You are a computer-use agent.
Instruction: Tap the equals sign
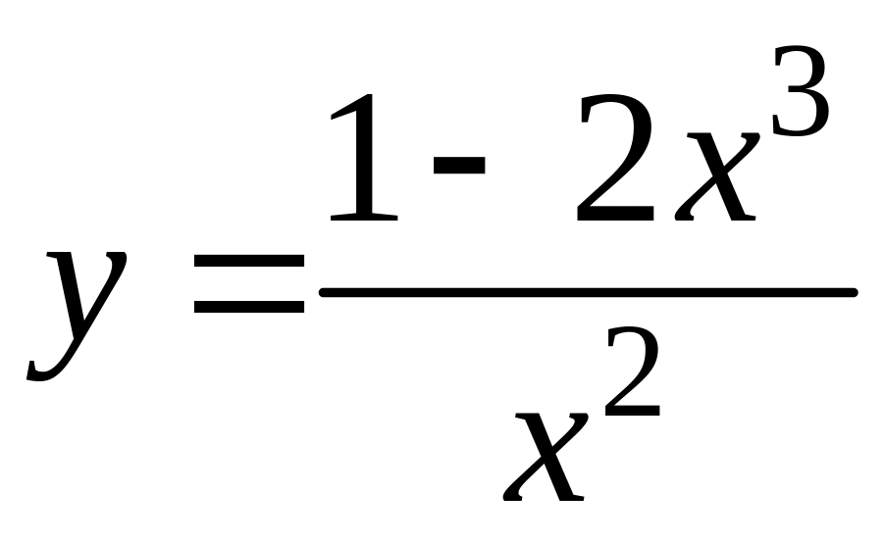pyautogui.click(x=249, y=285)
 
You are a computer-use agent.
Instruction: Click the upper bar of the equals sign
pyautogui.click(x=249, y=263)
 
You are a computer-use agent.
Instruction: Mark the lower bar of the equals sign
pyautogui.click(x=249, y=308)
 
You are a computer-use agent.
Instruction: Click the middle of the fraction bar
pyautogui.click(x=589, y=291)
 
